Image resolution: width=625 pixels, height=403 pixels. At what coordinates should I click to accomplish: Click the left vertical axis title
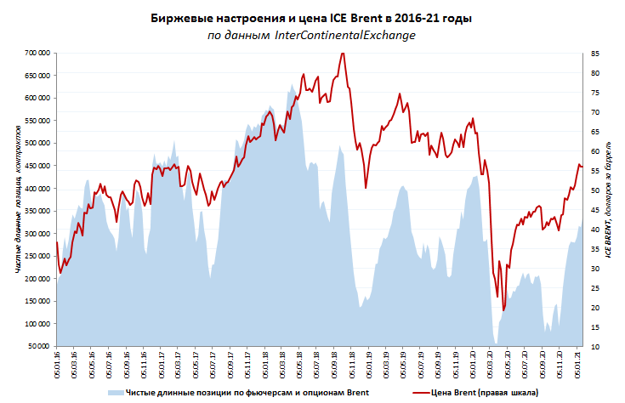pyautogui.click(x=18, y=199)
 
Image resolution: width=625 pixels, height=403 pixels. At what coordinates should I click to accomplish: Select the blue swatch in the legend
pyautogui.click(x=115, y=392)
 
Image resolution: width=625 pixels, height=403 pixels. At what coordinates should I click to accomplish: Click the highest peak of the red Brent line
pyautogui.click(x=342, y=54)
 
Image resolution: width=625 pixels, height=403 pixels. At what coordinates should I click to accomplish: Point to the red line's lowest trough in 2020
pyautogui.click(x=503, y=310)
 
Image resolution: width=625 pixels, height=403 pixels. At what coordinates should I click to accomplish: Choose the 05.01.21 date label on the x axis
pyautogui.click(x=578, y=368)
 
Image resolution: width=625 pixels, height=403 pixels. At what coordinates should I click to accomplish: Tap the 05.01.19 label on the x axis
pyautogui.click(x=370, y=368)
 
